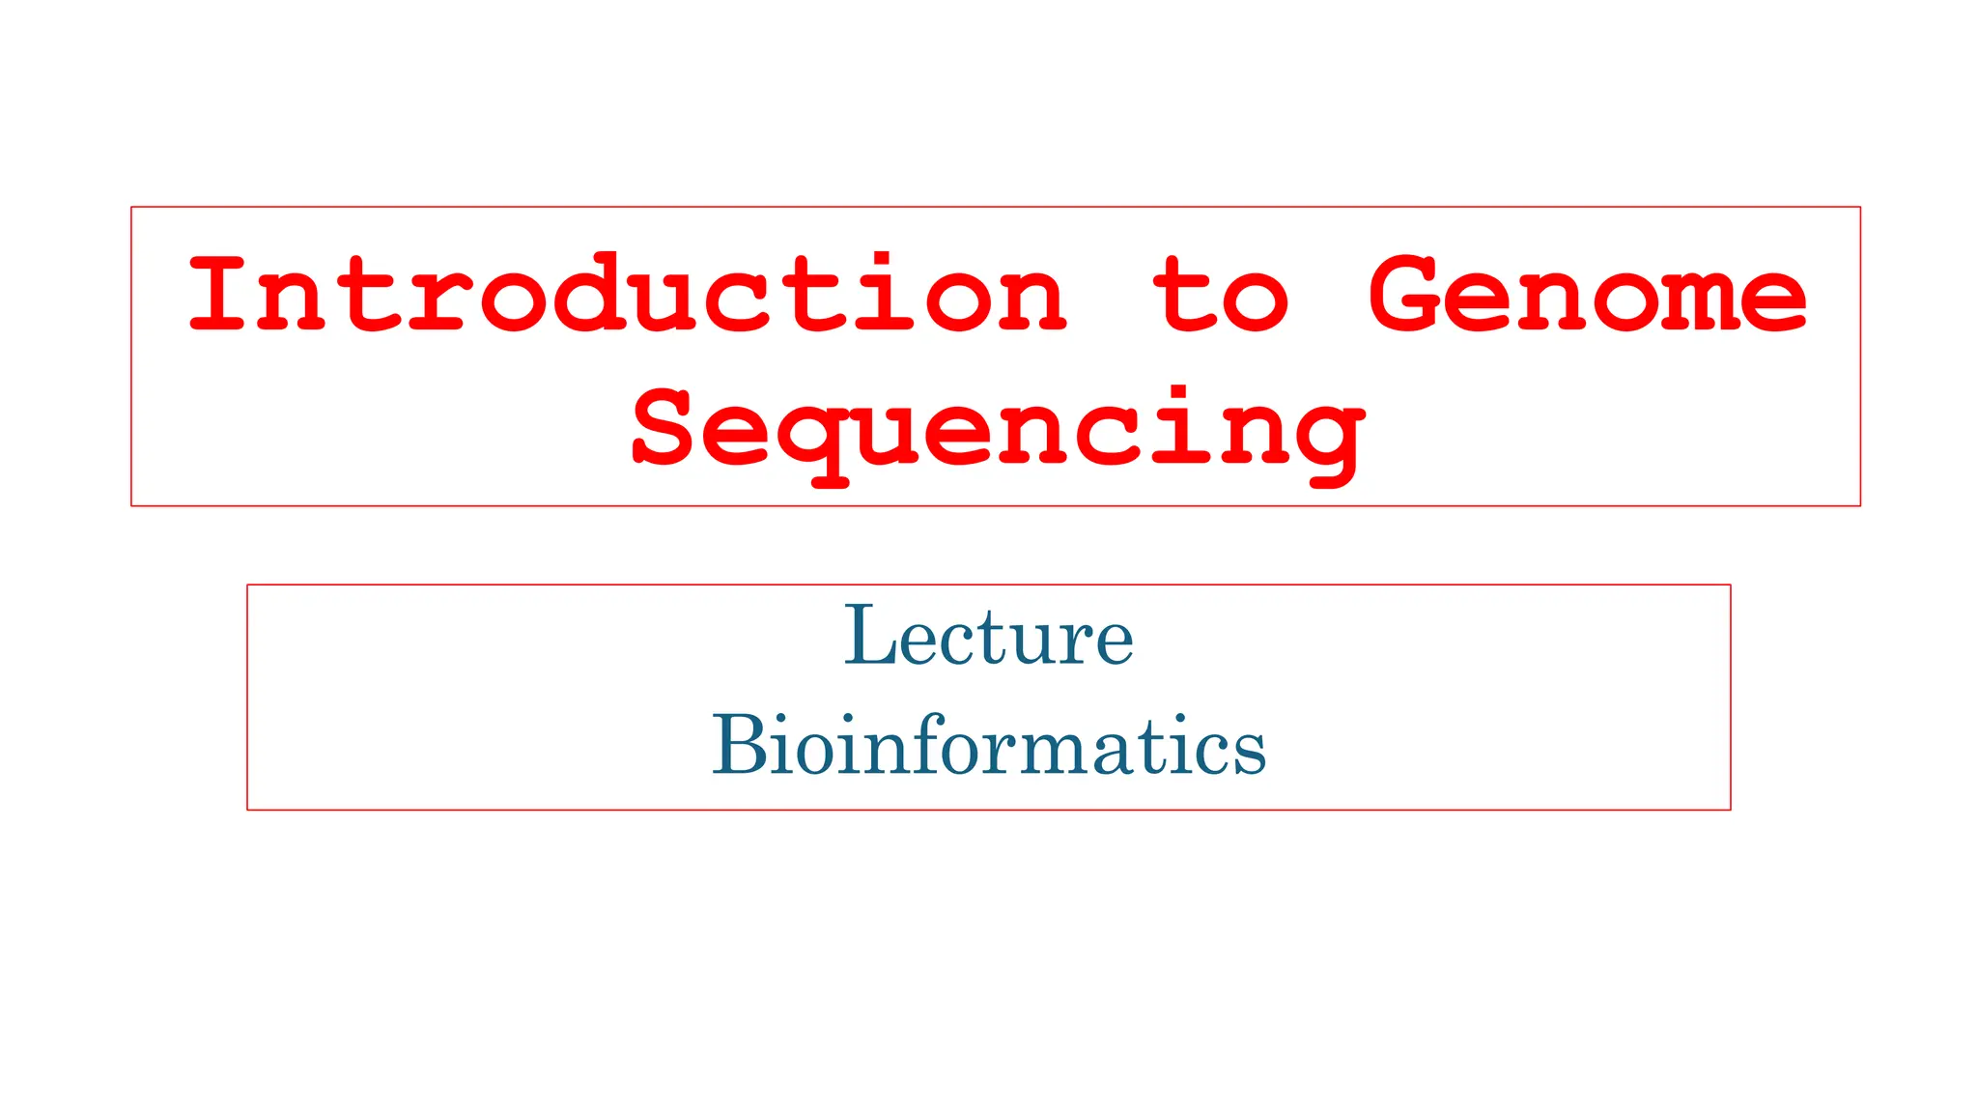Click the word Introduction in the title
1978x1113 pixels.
628,294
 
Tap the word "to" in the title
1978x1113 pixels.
1221,294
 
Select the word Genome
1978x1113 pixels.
1587,294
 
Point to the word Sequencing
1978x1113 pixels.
998,429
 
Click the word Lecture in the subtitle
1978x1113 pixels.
989,636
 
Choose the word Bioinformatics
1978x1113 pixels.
989,745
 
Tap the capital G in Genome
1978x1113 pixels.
1406,294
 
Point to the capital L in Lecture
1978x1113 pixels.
871,636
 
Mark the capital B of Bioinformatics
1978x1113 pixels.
740,745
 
